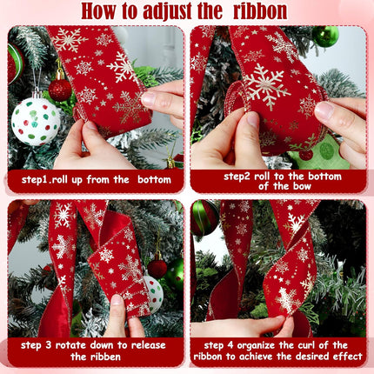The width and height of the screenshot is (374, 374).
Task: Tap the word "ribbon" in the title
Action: (260, 11)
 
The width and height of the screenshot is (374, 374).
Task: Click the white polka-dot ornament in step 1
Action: (36, 121)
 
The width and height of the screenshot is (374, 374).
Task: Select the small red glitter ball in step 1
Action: (60, 90)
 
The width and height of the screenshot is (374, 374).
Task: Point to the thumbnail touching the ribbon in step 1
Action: (149, 98)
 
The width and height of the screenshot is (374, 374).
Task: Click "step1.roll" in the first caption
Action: (44, 180)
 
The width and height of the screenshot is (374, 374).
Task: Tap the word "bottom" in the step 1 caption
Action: (154, 180)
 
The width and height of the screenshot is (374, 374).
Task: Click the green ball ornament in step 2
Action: (325, 36)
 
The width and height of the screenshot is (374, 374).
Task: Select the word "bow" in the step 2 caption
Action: (302, 186)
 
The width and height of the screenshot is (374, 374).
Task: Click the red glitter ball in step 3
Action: (157, 269)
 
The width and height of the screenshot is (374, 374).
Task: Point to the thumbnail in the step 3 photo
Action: (117, 300)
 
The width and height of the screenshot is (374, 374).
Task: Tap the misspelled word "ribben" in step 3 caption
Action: (103, 356)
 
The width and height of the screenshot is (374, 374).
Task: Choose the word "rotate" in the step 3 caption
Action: (70, 345)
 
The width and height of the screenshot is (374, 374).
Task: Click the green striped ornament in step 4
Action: (204, 217)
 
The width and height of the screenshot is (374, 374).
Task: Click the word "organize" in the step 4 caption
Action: (256, 346)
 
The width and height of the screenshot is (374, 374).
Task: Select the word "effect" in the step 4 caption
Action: (348, 356)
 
